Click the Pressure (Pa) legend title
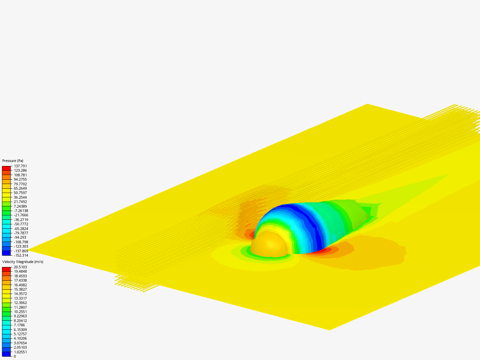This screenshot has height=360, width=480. [13, 161]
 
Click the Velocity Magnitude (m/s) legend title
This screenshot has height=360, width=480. [23, 262]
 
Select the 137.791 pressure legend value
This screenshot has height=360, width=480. [20, 166]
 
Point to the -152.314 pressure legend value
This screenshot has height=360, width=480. [21, 255]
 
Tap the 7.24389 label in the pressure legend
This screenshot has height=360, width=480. [20, 206]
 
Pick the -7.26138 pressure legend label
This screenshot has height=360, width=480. [21, 211]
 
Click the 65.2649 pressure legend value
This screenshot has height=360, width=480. [20, 188]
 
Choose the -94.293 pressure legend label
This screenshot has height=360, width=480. [20, 237]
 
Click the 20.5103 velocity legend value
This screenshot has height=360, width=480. [20, 267]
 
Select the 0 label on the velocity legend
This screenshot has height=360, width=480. [15, 357]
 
